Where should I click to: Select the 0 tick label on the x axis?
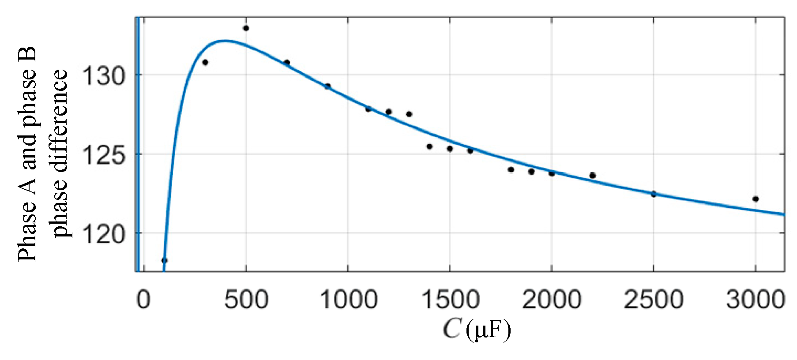(143, 300)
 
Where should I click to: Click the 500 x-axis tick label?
(246, 300)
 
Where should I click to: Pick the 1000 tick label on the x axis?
(348, 300)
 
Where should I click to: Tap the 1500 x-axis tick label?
(450, 300)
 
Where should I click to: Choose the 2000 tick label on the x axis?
(552, 300)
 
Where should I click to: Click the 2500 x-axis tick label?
(654, 300)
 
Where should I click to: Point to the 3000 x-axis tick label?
(756, 300)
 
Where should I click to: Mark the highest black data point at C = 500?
(246, 28)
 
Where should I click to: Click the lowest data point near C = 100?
(164, 260)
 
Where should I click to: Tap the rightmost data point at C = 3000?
(756, 199)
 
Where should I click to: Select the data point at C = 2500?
(654, 194)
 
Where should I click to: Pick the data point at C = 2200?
(592, 176)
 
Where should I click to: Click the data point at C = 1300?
(409, 114)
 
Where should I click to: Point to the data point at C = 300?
(205, 62)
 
